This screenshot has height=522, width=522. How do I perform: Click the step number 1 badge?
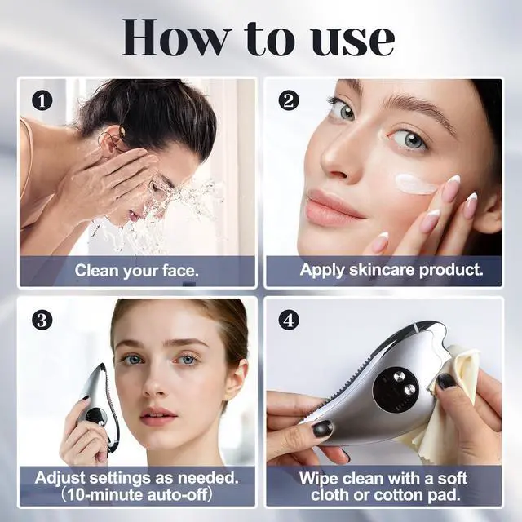[42, 100]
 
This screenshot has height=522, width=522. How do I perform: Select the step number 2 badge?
[289, 100]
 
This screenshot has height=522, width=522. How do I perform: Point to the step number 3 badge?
[42, 321]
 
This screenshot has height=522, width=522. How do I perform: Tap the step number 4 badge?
[289, 321]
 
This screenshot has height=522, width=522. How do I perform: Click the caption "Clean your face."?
[136, 271]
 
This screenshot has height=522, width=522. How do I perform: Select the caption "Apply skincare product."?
[391, 270]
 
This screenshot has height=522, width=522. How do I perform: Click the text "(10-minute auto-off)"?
[136, 495]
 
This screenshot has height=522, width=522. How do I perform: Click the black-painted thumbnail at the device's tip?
[322, 429]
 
